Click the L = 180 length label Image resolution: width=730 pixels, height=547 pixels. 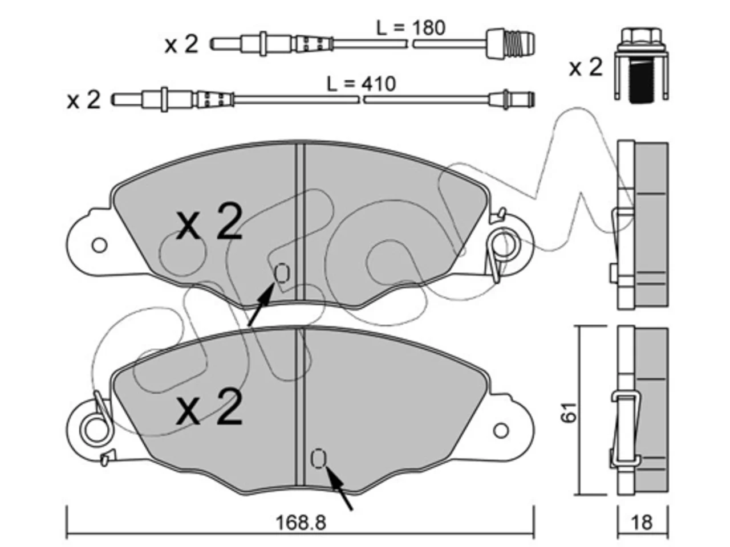[411, 28]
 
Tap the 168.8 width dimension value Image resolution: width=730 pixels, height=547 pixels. [301, 522]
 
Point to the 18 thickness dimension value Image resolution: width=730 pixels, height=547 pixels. [642, 522]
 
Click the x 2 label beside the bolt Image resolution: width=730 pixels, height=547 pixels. [585, 67]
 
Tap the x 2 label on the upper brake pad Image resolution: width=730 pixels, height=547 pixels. [209, 221]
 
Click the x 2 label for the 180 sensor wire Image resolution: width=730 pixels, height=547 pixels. [181, 44]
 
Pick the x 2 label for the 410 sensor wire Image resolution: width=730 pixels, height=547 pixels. [83, 100]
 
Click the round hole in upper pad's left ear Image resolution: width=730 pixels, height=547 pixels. [99, 245]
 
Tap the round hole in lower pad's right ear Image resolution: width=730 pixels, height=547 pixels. [501, 430]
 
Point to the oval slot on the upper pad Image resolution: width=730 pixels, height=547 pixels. [282, 273]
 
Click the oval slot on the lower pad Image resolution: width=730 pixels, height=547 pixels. [318, 459]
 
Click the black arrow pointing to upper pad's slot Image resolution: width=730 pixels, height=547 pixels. [261, 304]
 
